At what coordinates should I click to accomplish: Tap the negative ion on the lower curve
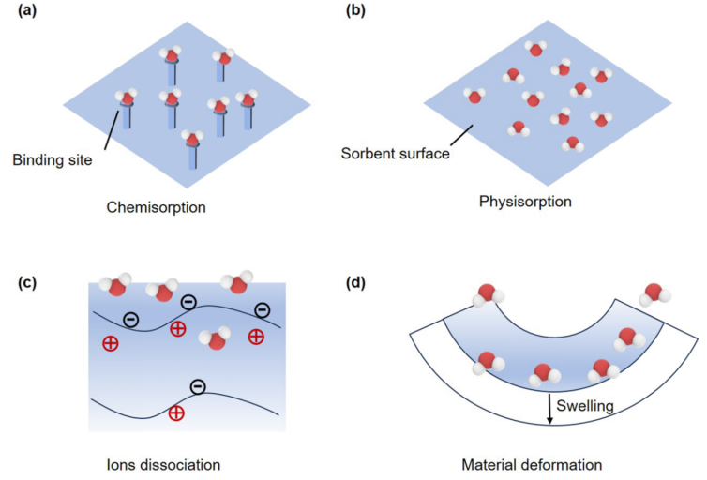point(197,386)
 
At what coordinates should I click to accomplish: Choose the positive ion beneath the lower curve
point(175,413)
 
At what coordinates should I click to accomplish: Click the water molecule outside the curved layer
point(654,292)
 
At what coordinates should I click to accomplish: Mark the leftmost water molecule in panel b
point(474,96)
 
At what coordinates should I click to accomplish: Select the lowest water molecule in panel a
point(192,140)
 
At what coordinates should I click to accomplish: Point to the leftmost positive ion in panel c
point(110,343)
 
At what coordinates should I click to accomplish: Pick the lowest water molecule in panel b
point(572,143)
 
